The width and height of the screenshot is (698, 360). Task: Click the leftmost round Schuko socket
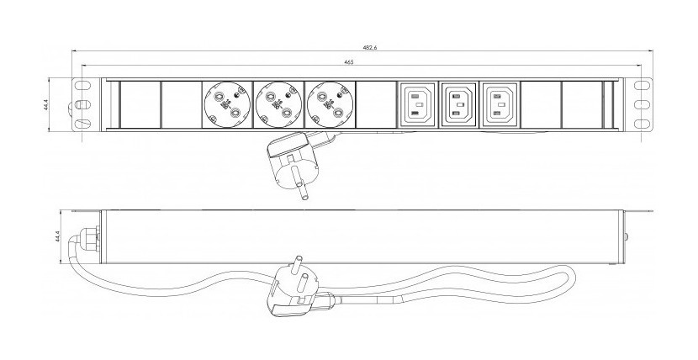click(x=226, y=105)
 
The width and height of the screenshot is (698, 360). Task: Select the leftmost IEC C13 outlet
click(x=417, y=105)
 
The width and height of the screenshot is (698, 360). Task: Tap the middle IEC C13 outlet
click(x=457, y=105)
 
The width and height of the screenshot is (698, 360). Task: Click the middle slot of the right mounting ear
click(x=644, y=105)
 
